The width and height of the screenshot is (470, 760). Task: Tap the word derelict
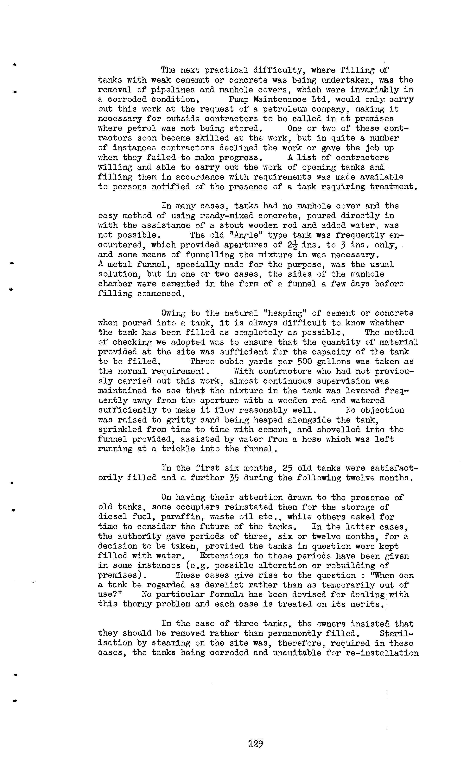coord(224,585)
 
